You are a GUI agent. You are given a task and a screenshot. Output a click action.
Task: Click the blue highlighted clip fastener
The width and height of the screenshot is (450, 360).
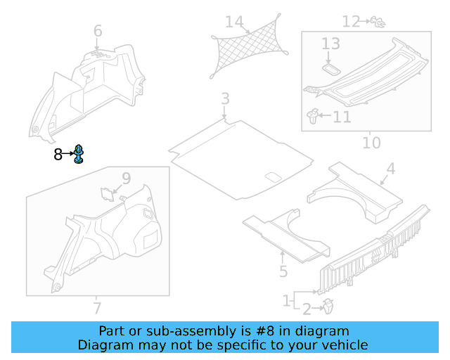pyautogui.click(x=79, y=154)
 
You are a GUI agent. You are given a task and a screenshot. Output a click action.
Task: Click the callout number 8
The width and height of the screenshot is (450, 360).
pyautogui.click(x=58, y=155)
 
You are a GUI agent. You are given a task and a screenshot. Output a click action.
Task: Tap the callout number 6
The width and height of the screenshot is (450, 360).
pyautogui.click(x=98, y=31)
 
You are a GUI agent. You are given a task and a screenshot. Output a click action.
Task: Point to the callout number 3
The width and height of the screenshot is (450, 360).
pyautogui.click(x=224, y=99)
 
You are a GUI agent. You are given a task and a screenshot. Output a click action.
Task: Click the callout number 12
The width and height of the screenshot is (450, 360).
pyautogui.click(x=351, y=22)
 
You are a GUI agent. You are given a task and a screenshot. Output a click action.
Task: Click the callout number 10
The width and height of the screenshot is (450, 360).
pyautogui.click(x=371, y=143)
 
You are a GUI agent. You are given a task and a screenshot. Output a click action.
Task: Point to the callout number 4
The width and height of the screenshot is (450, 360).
pyautogui.click(x=390, y=169)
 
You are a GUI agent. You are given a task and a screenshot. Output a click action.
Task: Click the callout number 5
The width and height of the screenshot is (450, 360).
pyautogui.click(x=283, y=271)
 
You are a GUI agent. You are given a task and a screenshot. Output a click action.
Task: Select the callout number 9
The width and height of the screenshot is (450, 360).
pyautogui.click(x=127, y=179)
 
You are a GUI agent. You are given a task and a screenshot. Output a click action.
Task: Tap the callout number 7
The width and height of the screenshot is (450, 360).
pyautogui.click(x=97, y=308)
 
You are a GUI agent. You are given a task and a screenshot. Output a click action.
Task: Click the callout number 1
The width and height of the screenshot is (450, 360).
pyautogui.click(x=287, y=302)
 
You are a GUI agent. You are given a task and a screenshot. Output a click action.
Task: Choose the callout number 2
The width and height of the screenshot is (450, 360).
pyautogui.click(x=307, y=308)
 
